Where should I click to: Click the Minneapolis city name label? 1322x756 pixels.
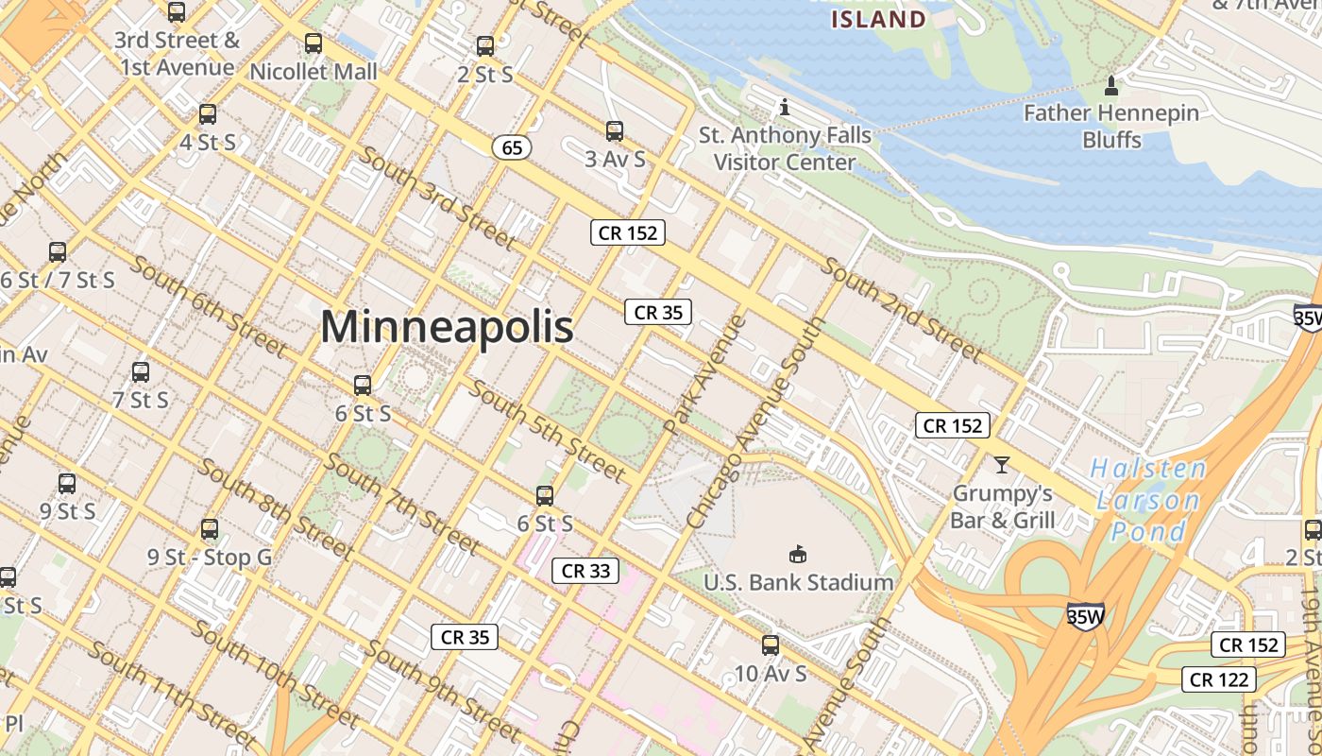[x=447, y=327]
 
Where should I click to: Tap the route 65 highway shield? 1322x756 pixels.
[x=512, y=147]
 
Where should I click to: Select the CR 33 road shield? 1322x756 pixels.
[x=585, y=570]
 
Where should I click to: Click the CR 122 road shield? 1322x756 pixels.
[x=1220, y=679]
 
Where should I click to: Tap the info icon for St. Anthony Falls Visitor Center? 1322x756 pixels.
[x=784, y=107]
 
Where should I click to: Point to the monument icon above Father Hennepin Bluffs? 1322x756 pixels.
[x=1111, y=86]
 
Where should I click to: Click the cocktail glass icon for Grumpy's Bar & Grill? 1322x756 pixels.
[x=1001, y=464]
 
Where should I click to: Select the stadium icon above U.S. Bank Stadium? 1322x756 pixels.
[x=798, y=553]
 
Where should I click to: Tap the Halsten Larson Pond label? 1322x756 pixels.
[x=1147, y=500]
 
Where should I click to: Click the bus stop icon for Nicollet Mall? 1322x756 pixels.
[x=314, y=43]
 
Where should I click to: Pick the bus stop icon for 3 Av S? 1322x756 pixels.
[x=615, y=131]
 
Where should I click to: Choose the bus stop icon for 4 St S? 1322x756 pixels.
[x=208, y=115]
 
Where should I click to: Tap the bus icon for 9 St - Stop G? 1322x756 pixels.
[x=210, y=529]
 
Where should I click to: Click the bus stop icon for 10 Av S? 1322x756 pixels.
[x=771, y=645]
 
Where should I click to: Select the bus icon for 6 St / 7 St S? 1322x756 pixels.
[x=58, y=252]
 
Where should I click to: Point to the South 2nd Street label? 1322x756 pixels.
[x=902, y=308]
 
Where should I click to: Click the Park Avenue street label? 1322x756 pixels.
[x=704, y=375]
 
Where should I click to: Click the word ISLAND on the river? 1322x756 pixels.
[x=878, y=19]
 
